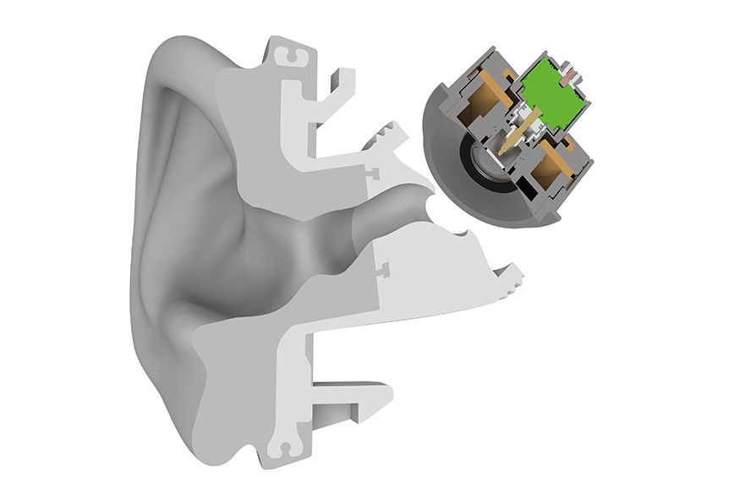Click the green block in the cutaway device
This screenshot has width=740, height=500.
point(554,91)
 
